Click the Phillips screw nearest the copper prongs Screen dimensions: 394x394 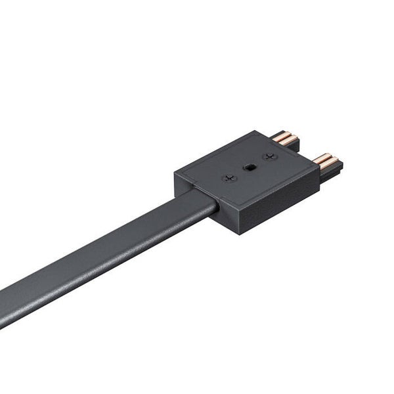[268, 156]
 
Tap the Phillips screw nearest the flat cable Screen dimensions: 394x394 [229, 177]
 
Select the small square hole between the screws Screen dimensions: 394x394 [248, 167]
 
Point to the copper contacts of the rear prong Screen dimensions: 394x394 [284, 139]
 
